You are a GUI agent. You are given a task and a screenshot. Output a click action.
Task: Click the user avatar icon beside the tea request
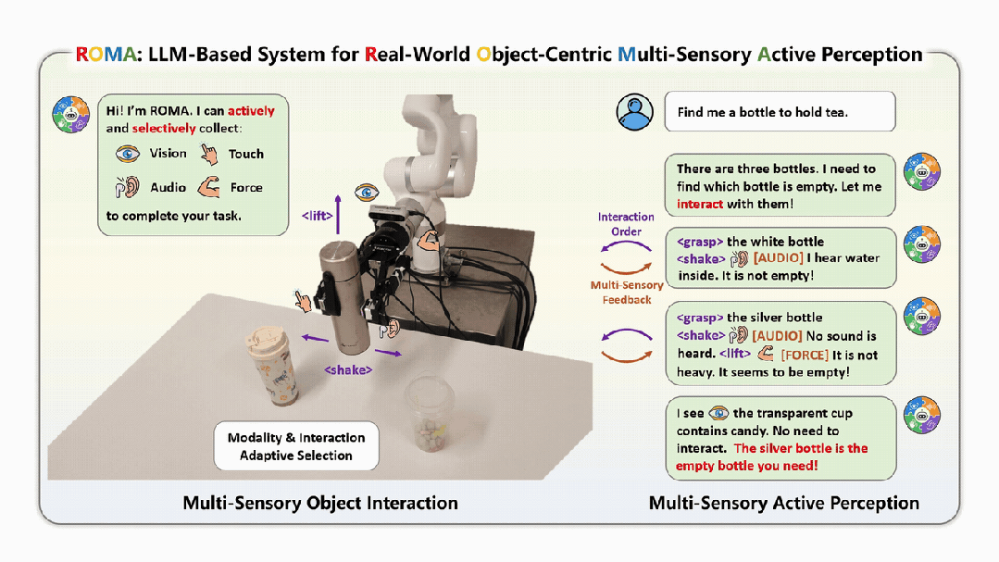coord(634,112)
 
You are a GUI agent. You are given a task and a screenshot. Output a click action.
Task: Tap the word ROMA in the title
coord(106,55)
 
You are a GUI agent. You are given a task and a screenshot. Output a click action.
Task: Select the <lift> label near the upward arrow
coord(317,216)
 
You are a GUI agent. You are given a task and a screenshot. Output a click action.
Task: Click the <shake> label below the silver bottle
coord(348,369)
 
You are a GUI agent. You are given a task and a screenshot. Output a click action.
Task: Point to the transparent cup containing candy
coord(431,414)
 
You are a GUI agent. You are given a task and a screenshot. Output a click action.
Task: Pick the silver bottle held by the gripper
coord(344,295)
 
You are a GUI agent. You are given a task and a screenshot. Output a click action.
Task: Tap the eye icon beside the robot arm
coord(367,192)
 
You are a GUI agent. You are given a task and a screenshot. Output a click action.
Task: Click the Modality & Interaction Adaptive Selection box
coord(296,446)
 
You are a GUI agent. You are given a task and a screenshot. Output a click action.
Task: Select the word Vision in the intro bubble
coord(169,154)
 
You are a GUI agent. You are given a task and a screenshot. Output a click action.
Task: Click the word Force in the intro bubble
coord(246,187)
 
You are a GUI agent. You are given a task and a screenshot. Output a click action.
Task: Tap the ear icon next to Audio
coord(128,187)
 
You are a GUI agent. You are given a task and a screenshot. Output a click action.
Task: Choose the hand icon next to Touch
coord(209,154)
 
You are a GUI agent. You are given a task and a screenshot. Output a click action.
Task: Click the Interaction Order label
coord(626,224)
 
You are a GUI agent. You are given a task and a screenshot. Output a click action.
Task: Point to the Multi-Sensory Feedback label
coord(627,293)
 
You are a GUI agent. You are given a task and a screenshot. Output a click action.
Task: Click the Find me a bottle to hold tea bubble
coord(780,111)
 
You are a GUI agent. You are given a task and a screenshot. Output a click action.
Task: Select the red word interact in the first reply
coord(700,204)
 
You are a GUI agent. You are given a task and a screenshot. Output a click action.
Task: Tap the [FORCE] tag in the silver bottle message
coord(805,355)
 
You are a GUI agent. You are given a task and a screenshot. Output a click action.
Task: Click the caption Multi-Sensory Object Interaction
coord(320,504)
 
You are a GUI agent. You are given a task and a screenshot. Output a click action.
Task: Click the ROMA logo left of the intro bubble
coord(70,115)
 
